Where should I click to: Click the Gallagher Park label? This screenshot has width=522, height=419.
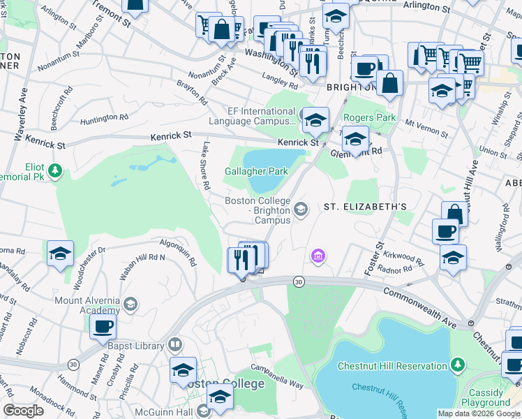click(247, 171)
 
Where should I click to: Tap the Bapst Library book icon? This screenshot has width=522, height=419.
click(174, 345)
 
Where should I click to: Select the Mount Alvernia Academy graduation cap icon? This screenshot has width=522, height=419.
click(130, 304)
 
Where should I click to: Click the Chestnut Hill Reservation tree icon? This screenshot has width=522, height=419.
click(457, 365)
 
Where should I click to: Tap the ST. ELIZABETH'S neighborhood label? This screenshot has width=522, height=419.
click(364, 207)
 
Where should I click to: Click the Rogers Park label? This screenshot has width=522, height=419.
click(370, 117)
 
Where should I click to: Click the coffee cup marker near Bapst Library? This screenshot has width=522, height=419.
click(104, 326)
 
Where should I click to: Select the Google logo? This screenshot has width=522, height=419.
click(24, 411)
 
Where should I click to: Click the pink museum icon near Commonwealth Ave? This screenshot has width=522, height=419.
click(318, 257)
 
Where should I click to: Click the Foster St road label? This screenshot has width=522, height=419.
click(376, 258)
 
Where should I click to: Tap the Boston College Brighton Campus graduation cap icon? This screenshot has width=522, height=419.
click(301, 209)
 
